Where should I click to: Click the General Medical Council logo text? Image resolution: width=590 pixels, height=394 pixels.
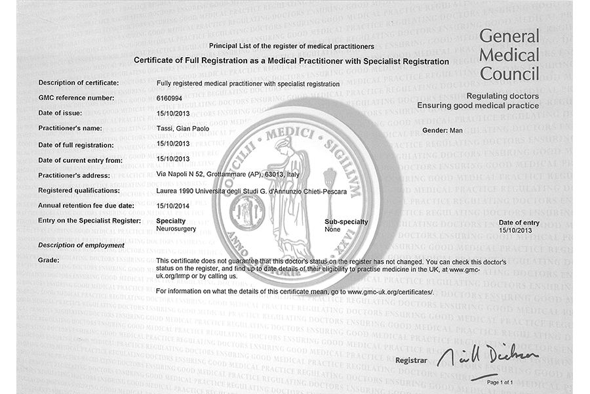point(509,55)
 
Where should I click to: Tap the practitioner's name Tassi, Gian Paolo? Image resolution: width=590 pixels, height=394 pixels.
point(183,129)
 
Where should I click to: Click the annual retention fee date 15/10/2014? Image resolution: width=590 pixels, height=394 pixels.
point(174,206)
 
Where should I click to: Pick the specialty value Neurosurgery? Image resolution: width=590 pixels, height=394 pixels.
point(177,229)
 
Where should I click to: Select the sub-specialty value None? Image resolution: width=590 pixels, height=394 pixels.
point(332,229)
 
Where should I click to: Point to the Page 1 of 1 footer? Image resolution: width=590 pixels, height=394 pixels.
point(500,382)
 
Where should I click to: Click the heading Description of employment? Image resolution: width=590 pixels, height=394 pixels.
point(81,245)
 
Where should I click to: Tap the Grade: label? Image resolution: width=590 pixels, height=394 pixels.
point(49,260)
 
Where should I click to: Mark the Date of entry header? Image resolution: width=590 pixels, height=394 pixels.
point(519,223)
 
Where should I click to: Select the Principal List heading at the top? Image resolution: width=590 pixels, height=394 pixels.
point(291,46)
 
